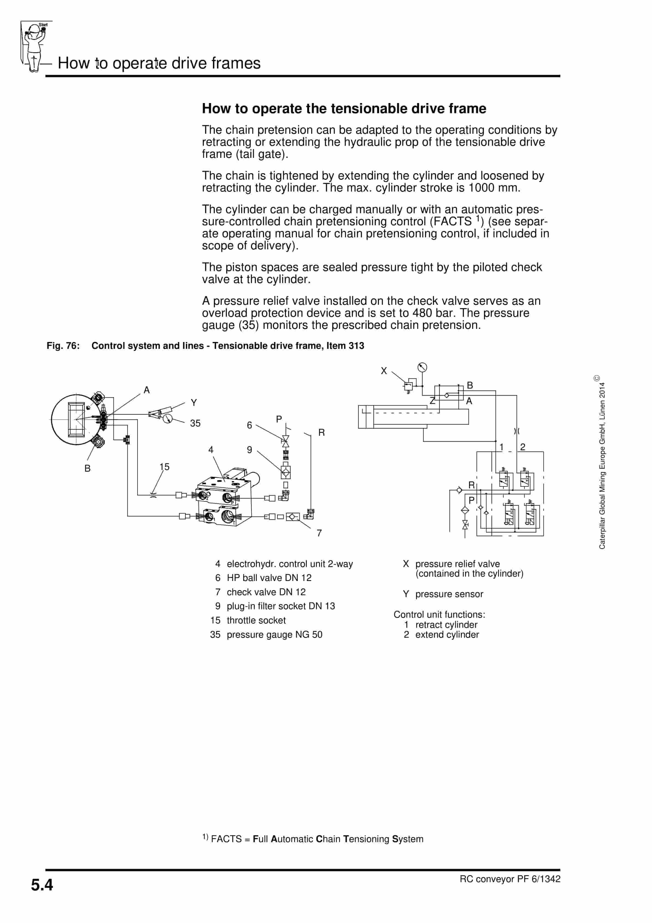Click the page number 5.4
[x=42, y=885]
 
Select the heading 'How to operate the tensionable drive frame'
[x=344, y=109]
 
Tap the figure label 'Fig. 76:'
[x=63, y=346]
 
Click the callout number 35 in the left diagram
[x=195, y=423]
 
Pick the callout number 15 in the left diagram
[x=164, y=467]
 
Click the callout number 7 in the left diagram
[x=319, y=533]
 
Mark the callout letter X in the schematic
[x=384, y=371]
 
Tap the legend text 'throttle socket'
[x=256, y=620]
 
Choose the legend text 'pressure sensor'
[x=449, y=594]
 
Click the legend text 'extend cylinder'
[x=447, y=635]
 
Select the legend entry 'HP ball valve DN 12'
[x=269, y=578]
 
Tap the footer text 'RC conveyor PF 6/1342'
[x=510, y=879]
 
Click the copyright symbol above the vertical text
[x=597, y=378]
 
